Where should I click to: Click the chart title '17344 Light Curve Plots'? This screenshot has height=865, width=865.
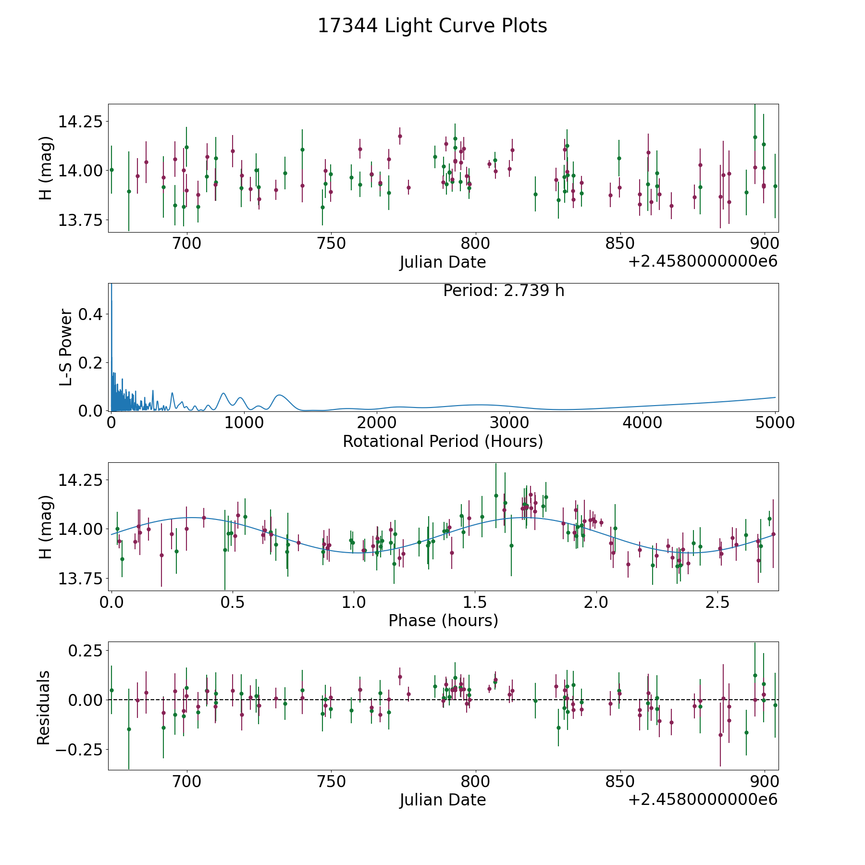(x=432, y=26)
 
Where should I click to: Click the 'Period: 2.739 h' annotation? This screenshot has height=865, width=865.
(x=504, y=291)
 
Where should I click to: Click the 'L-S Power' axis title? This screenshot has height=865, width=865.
(x=66, y=347)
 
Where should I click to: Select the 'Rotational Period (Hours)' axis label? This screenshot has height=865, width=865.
(x=443, y=441)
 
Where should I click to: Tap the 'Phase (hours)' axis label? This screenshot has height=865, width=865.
(x=443, y=620)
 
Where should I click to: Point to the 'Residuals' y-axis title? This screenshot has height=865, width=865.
(x=44, y=707)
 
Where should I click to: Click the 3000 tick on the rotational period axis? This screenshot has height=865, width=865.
(x=509, y=423)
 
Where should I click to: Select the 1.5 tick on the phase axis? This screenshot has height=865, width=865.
(x=475, y=602)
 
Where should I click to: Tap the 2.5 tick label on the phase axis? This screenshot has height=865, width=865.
(x=717, y=602)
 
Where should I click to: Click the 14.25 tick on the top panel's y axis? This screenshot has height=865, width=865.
(x=80, y=122)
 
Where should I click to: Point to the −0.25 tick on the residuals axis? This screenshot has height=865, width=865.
(x=79, y=749)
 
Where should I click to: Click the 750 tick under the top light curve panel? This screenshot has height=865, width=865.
(x=331, y=244)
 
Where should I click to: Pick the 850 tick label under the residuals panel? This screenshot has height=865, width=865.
(x=620, y=782)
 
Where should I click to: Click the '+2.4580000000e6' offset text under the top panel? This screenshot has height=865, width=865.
(x=703, y=261)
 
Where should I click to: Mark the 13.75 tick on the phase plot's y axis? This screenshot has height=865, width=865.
(x=80, y=579)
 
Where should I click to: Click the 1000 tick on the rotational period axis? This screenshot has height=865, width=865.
(x=244, y=423)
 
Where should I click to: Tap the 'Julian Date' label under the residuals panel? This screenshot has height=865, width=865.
(x=443, y=800)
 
